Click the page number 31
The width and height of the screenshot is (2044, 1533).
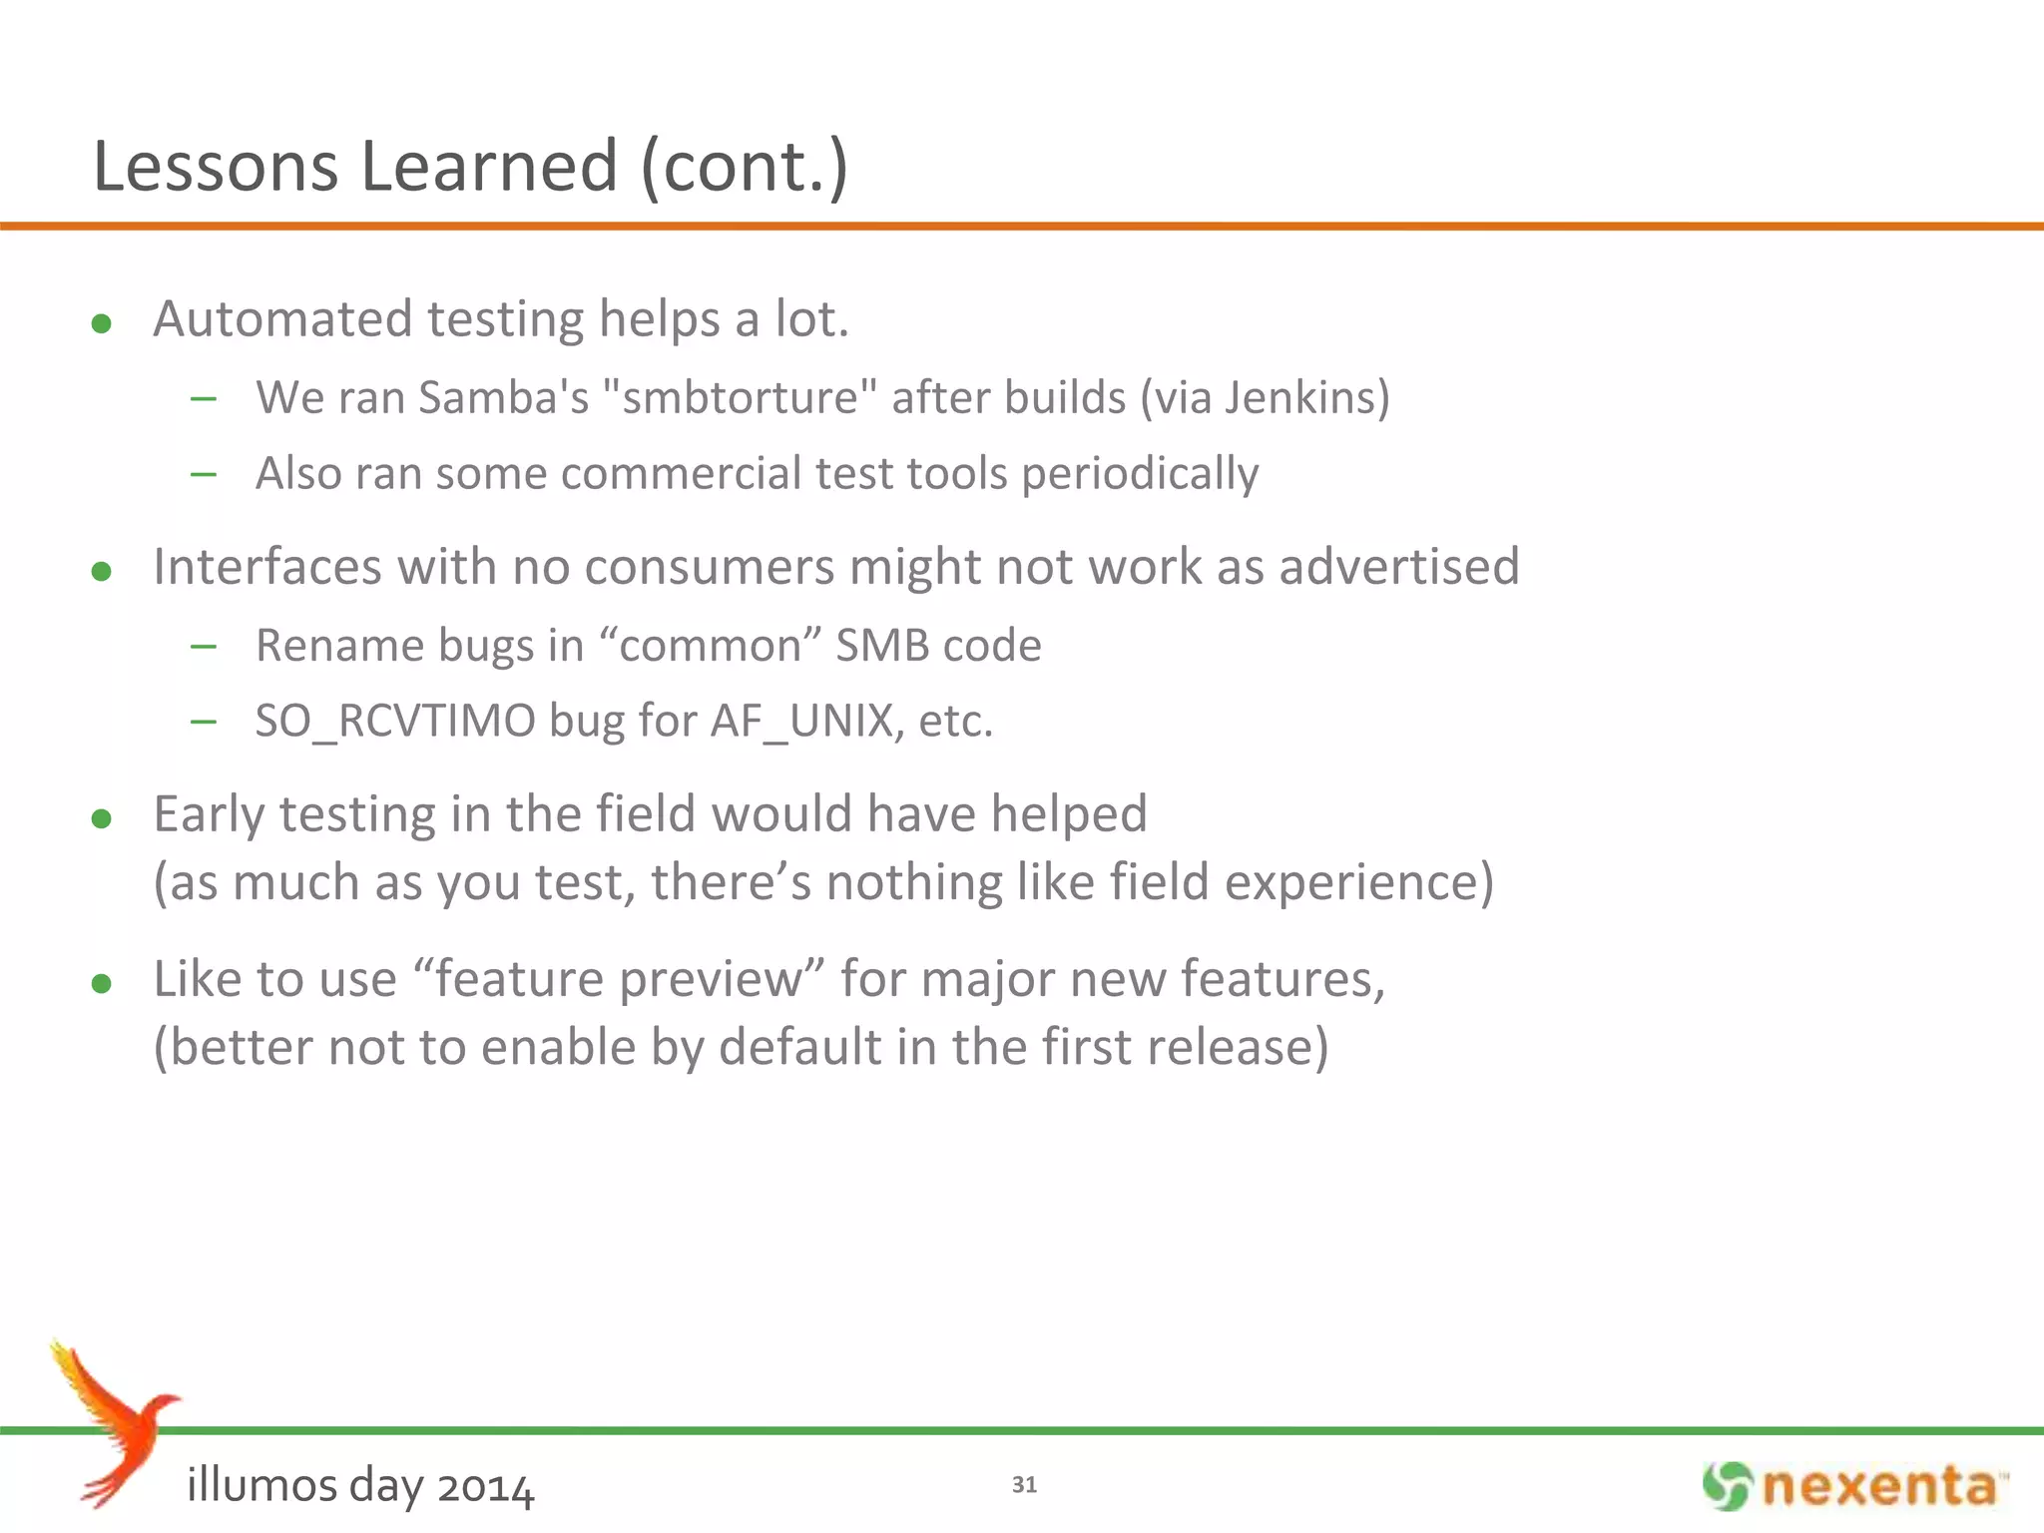click(x=1024, y=1485)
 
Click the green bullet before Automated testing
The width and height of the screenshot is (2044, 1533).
click(x=101, y=323)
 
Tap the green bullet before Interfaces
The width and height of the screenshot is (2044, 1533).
click(x=101, y=571)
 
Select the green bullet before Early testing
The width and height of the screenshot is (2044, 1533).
click(x=101, y=818)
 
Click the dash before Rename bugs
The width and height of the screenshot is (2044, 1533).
click(x=204, y=647)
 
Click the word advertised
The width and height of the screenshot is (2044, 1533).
click(x=1399, y=567)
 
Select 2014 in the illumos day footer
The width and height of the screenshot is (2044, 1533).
click(x=486, y=1487)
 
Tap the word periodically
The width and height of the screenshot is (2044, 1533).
click(x=1140, y=474)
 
